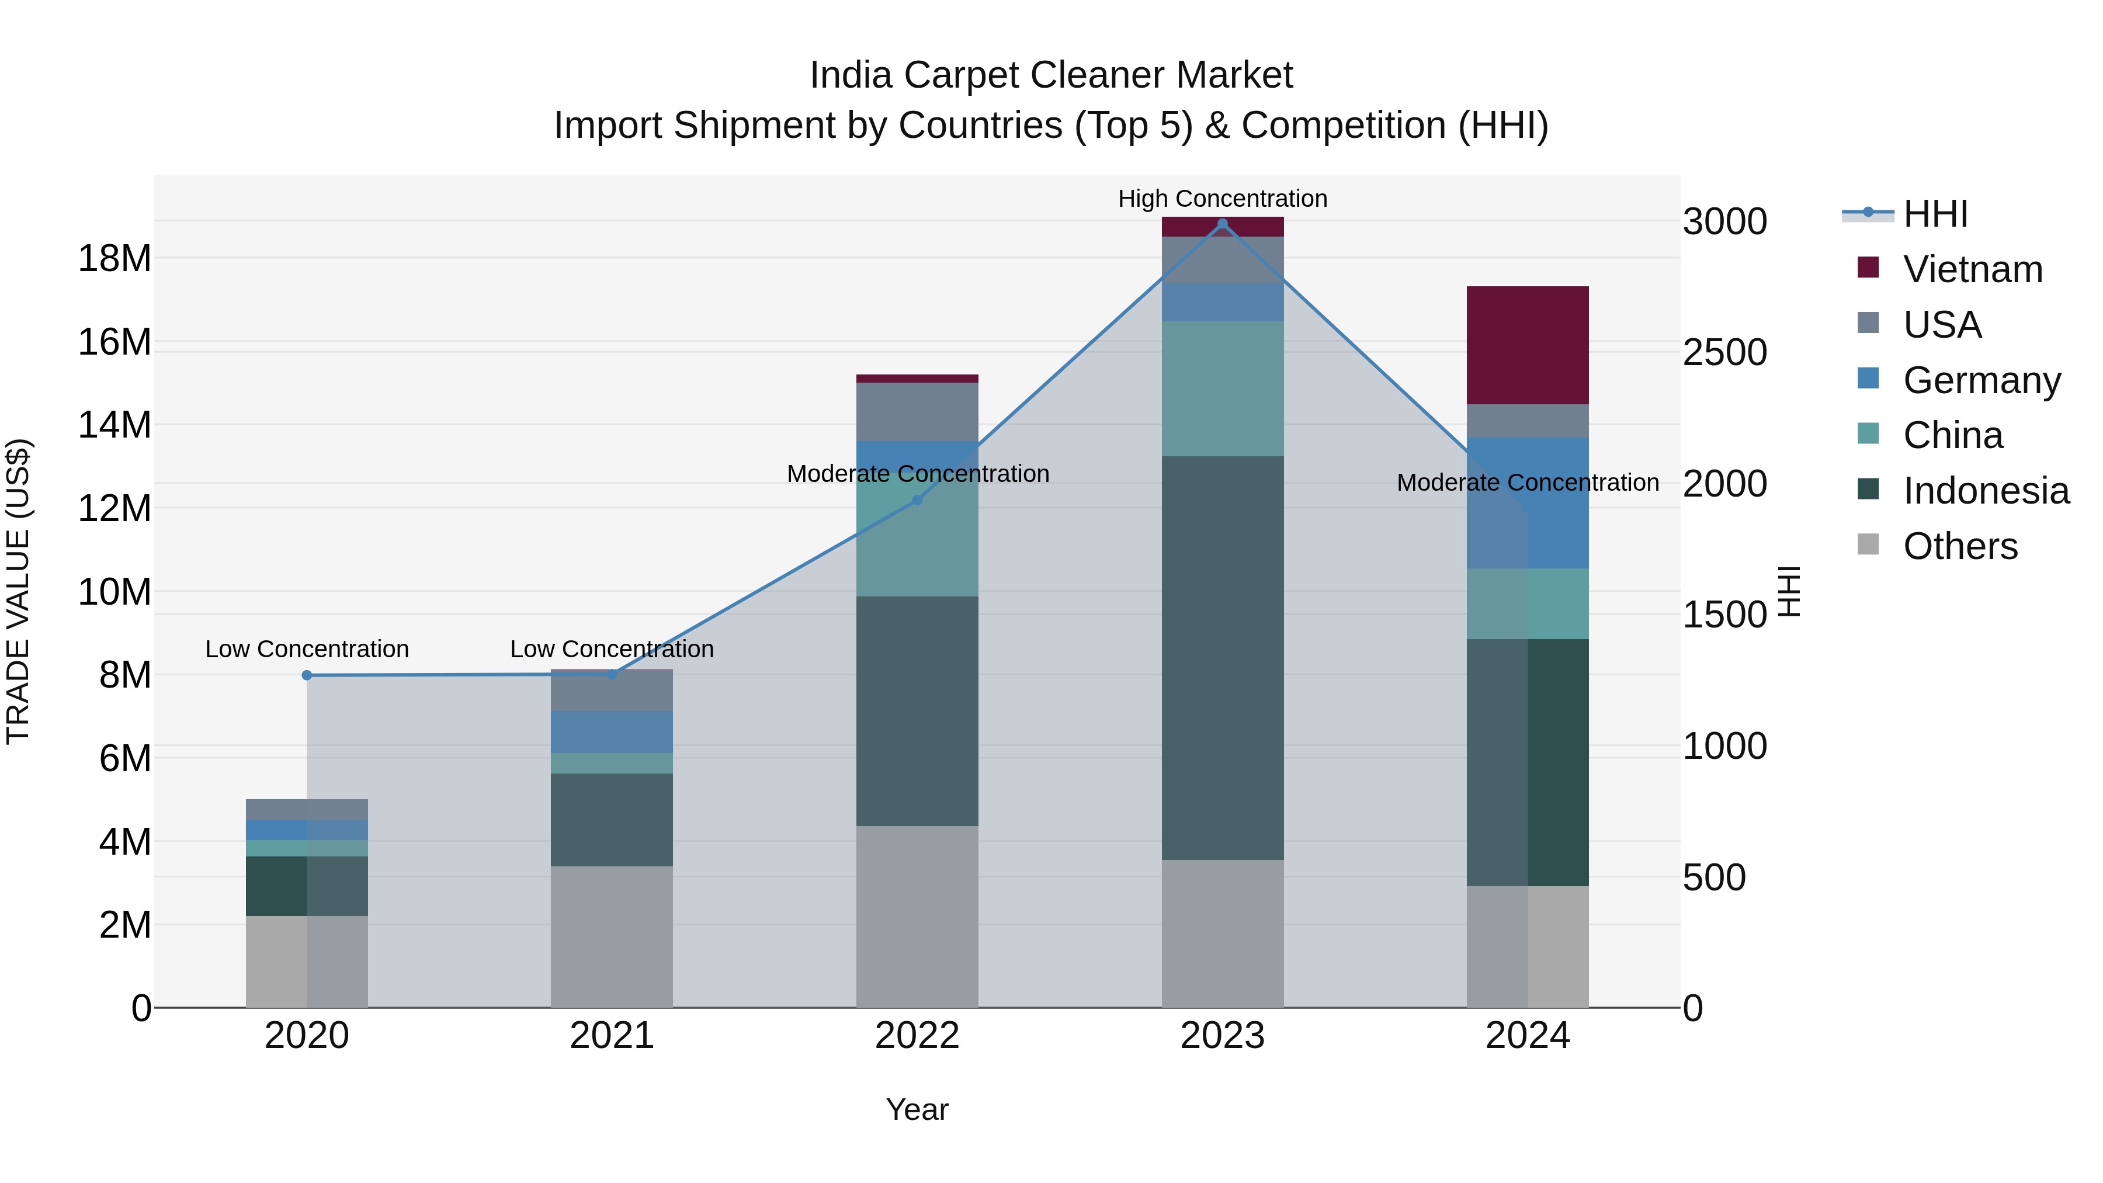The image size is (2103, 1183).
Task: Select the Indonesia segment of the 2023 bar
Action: point(1222,657)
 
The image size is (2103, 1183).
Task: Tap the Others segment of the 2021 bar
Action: point(612,936)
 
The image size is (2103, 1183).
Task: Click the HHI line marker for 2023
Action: point(1222,224)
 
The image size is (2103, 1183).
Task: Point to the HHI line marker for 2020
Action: point(307,675)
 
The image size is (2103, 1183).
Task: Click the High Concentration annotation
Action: point(1222,199)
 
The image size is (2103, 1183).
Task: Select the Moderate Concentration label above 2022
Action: point(918,474)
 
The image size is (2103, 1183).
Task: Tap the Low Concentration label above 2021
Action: point(612,649)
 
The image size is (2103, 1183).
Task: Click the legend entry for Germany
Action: point(1981,380)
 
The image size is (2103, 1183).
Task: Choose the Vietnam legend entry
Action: point(1972,269)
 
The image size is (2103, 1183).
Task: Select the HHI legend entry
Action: point(1935,214)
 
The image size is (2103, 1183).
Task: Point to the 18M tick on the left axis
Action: point(114,258)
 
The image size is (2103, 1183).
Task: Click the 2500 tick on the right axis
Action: point(1724,353)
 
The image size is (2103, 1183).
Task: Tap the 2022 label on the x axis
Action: point(917,1036)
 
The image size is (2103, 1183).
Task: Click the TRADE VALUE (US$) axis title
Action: point(18,591)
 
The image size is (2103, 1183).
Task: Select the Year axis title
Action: point(917,1109)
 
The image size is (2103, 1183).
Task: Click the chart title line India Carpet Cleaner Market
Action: point(1051,75)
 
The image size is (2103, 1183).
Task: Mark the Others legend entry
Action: point(1959,546)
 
